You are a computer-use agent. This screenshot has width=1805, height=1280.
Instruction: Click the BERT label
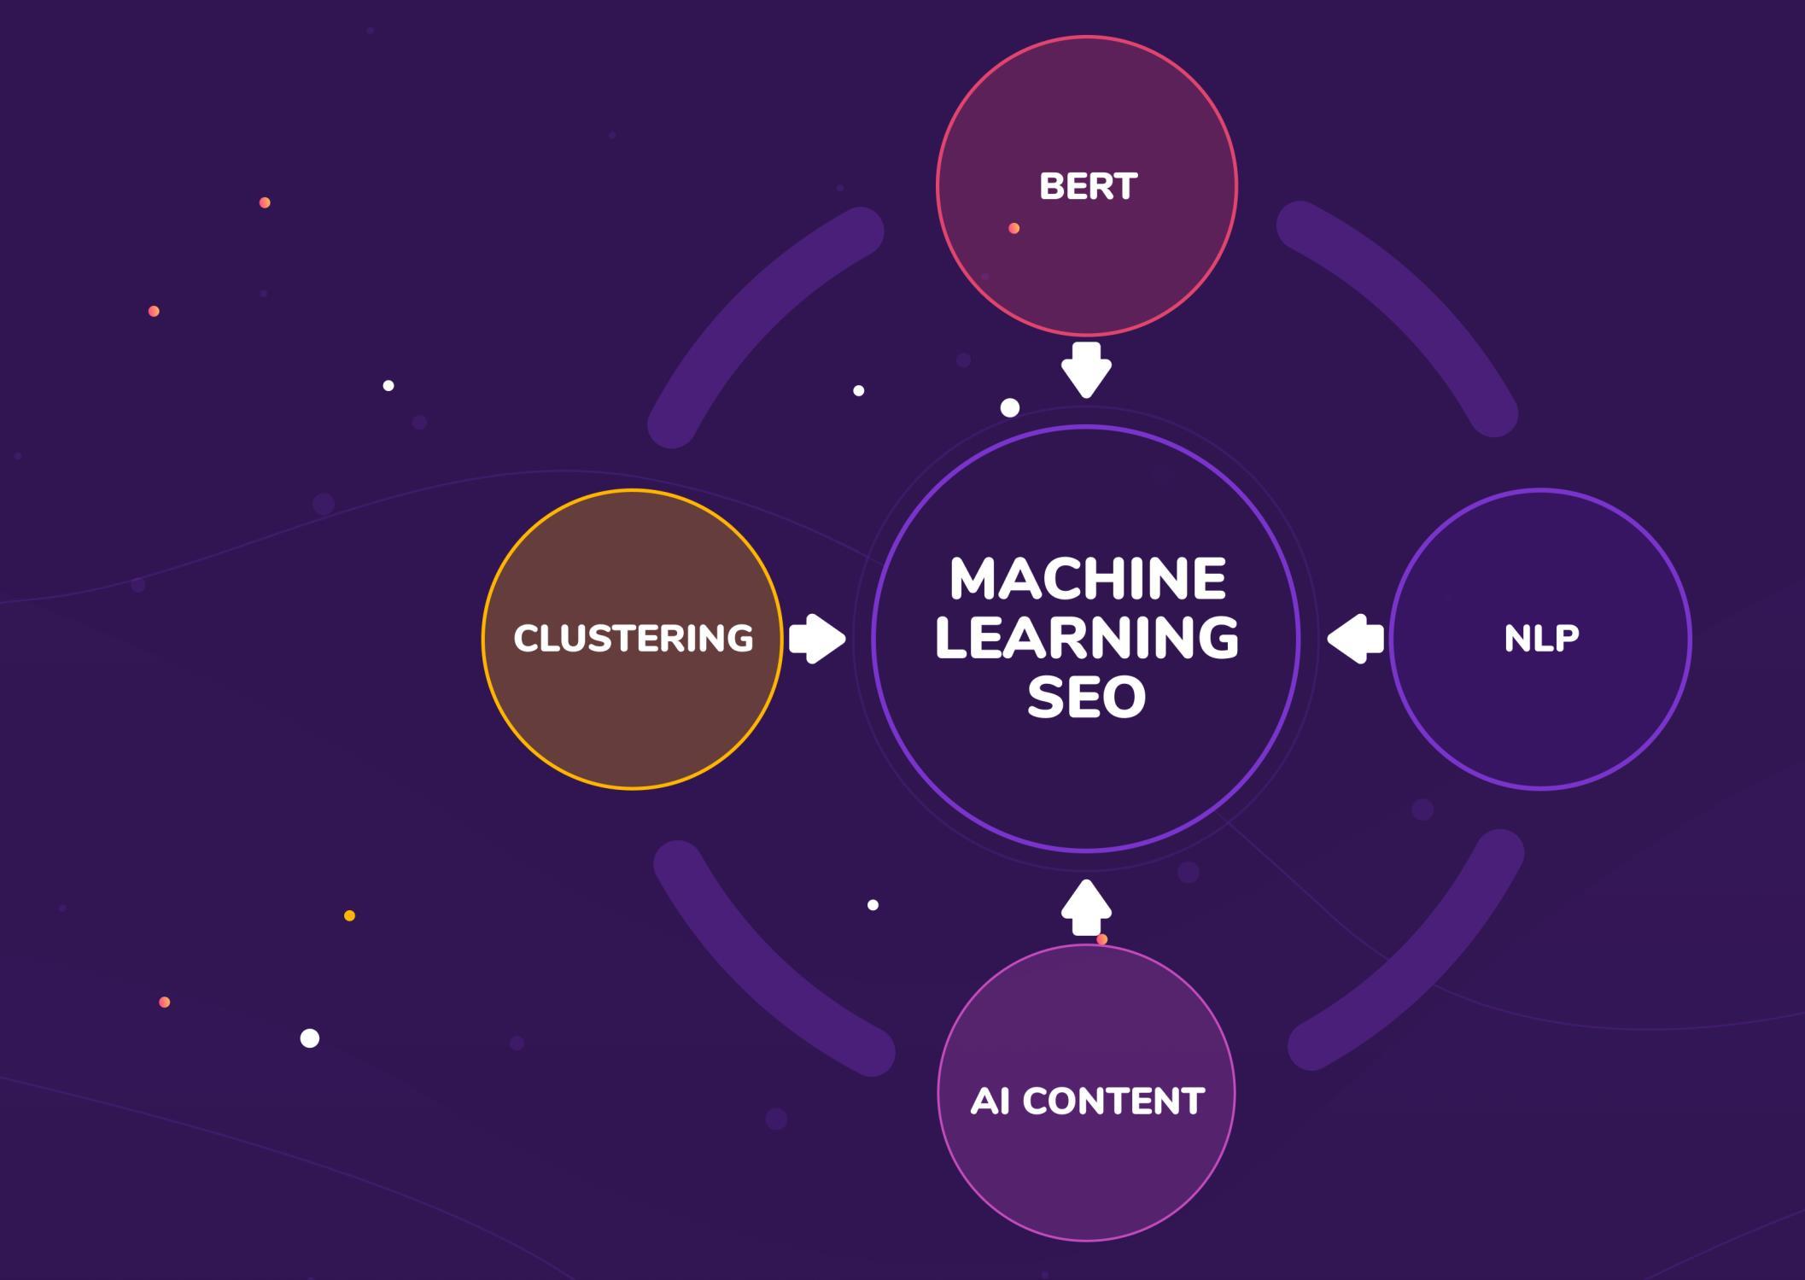click(1088, 186)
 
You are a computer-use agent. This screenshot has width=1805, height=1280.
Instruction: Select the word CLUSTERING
click(633, 639)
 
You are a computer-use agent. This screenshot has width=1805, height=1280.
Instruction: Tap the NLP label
click(1541, 639)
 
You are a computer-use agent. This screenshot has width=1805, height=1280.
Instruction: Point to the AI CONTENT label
click(1087, 1101)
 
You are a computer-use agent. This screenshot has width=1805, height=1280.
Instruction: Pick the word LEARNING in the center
click(1087, 638)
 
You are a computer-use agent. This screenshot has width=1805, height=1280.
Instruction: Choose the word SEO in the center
click(1086, 697)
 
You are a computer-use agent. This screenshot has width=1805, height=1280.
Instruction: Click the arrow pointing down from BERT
click(1086, 370)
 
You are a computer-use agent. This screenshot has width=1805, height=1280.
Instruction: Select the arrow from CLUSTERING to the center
click(817, 638)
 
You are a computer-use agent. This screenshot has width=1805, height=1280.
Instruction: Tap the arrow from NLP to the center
click(1356, 638)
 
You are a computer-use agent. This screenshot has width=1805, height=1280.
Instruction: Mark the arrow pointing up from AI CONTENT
click(1086, 907)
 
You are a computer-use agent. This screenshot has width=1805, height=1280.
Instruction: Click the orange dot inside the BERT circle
click(1013, 228)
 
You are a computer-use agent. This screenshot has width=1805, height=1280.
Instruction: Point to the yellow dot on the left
click(349, 915)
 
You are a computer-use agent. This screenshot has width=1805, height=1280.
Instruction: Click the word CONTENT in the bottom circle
click(1113, 1101)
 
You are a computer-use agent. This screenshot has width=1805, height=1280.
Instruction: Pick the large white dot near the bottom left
click(310, 1038)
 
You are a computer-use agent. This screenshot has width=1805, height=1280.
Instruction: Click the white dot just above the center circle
click(1010, 408)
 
